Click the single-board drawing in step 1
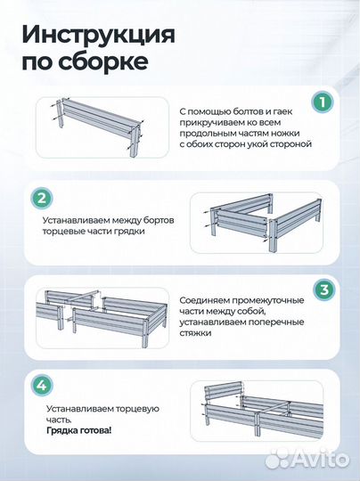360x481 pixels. (93, 120)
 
